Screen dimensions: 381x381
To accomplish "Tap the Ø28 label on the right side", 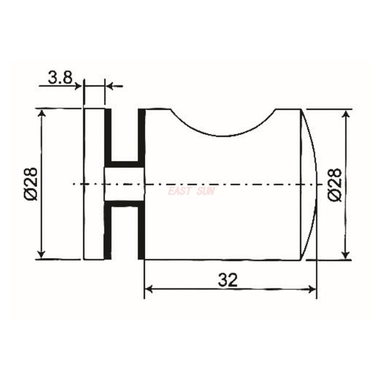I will [x=335, y=184].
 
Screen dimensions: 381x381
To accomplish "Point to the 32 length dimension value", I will [x=228, y=280].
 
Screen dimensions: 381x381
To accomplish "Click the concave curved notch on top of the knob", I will [x=222, y=124].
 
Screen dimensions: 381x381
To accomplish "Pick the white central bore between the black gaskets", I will [x=124, y=184].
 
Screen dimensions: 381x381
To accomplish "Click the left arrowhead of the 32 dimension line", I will [x=148, y=289].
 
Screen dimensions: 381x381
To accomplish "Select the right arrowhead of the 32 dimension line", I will [x=312, y=289].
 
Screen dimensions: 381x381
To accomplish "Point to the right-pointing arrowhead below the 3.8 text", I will [x=79, y=86].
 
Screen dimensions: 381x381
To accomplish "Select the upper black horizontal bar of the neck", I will [x=124, y=164].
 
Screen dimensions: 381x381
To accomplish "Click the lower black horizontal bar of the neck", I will [x=124, y=204].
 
